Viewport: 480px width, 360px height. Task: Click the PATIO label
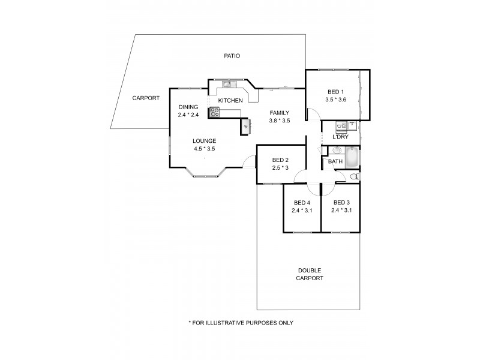(232, 56)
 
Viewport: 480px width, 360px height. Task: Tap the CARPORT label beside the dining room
(146, 98)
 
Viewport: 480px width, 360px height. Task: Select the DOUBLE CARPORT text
(310, 274)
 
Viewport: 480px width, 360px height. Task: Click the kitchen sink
(227, 85)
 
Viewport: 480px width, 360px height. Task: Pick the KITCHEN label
(230, 100)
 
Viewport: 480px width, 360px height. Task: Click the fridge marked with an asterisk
(245, 127)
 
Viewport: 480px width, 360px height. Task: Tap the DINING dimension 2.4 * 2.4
(188, 115)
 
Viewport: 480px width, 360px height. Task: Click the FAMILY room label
(280, 112)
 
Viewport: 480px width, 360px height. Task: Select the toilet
(354, 176)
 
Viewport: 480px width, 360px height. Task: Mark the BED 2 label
(281, 160)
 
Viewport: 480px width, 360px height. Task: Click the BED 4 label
(302, 202)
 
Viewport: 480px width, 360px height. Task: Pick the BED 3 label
(341, 202)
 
